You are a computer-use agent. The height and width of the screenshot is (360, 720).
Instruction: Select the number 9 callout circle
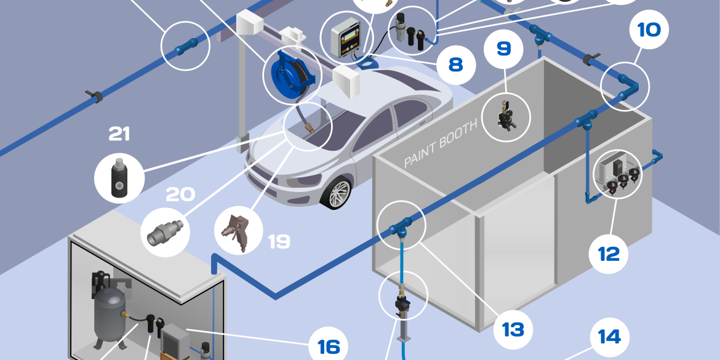pos(504,49)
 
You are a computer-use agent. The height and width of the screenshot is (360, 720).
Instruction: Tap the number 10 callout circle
pos(649,30)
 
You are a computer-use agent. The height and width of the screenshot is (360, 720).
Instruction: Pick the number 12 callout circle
pos(609,254)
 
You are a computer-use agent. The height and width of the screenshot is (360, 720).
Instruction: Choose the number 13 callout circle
pos(513,329)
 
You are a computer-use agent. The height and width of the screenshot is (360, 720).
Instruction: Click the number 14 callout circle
pos(609,337)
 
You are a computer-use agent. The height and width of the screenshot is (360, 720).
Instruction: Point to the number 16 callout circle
pos(329,346)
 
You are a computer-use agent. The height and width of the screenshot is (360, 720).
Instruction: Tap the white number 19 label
pos(279,241)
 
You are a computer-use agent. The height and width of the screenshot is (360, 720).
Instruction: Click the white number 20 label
pos(180,194)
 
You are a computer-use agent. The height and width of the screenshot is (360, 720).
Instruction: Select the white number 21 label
pos(119,134)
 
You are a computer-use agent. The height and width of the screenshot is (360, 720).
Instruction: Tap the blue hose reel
pos(292,73)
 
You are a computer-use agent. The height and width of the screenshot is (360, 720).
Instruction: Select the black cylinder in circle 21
pos(119,180)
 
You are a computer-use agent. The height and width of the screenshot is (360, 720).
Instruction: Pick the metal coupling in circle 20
pos(165,231)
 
